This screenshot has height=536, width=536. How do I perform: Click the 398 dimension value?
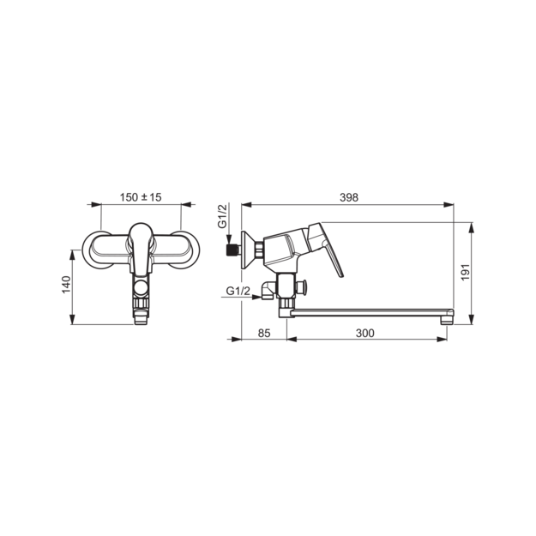pos(349,197)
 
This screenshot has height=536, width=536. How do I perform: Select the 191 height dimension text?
pos(466,273)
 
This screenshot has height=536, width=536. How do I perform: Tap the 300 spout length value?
pos(365,333)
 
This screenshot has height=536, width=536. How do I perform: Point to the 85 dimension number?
pos(264,333)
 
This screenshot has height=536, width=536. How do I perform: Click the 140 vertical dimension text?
pos(66,285)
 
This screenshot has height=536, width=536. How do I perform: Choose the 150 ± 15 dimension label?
pos(141,197)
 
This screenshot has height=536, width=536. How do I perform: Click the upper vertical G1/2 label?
pos(222,216)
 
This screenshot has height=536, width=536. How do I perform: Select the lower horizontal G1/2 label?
pos(238,291)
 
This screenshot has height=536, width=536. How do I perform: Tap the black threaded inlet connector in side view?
pos(232,250)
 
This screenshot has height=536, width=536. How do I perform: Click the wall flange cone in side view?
pos(248,250)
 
